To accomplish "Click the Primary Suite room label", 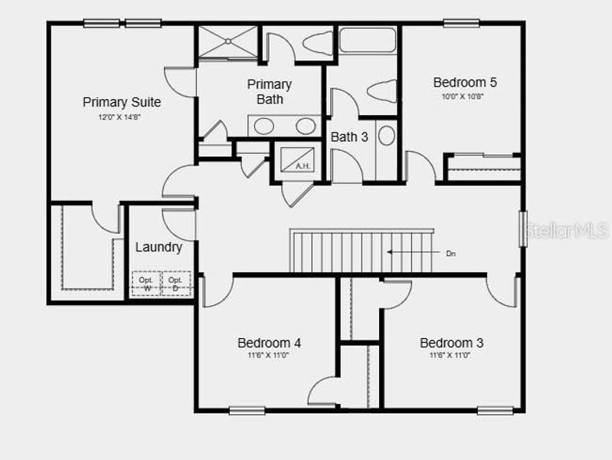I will coord(122,102).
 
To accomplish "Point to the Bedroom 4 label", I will coord(269,343).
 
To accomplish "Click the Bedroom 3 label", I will coord(451,343).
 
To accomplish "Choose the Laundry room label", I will coord(159,247).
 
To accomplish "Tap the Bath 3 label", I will coord(349,137).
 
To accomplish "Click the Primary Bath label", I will coord(269,91).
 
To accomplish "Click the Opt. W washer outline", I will coord(146,284).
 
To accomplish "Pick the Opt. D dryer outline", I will coord(175,284).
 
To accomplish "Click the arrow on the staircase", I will coord(405,251).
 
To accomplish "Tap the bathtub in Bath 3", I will coord(367,40).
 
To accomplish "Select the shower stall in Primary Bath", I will coord(227,41).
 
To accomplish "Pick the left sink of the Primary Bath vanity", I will coord(264,126).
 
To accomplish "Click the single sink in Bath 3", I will coord(386,136).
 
